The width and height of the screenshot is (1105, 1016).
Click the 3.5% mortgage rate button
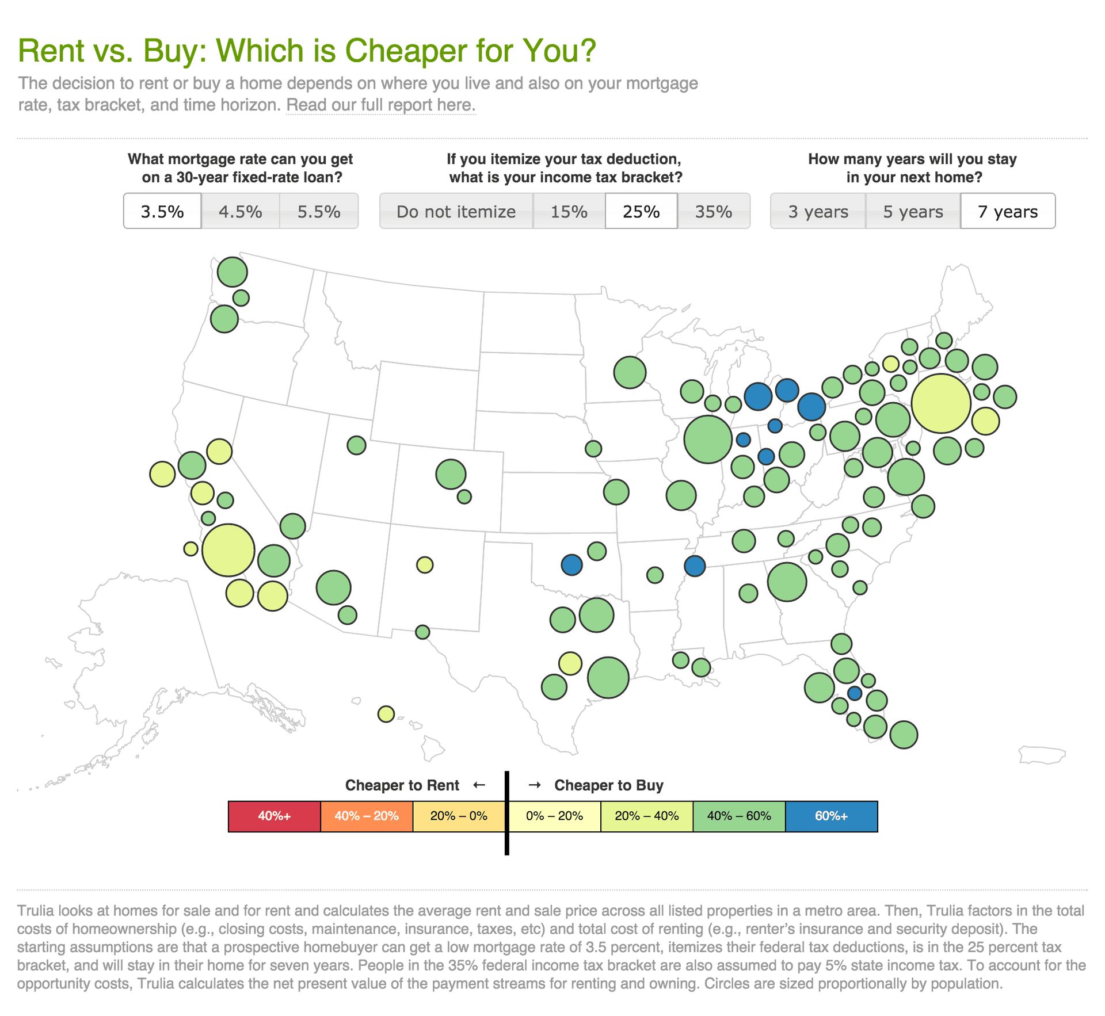[x=162, y=211]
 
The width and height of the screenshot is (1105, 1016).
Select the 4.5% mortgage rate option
[x=241, y=211]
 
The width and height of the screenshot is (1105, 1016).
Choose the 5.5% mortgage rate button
[x=319, y=211]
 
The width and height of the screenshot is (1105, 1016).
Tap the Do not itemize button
[x=456, y=211]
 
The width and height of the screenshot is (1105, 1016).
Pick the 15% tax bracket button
[x=569, y=211]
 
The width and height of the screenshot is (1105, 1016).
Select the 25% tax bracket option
[x=641, y=211]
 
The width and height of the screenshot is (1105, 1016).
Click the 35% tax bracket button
[x=714, y=211]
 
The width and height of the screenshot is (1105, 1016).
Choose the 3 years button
[x=818, y=211]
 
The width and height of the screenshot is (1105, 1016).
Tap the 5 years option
[x=913, y=211]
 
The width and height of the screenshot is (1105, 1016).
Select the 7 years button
[x=1008, y=211]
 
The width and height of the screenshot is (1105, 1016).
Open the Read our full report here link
[x=380, y=105]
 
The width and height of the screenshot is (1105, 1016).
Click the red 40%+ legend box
[x=274, y=816]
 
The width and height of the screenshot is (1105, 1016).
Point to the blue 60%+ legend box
[x=831, y=816]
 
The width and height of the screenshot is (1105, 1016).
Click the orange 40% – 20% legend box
[x=367, y=816]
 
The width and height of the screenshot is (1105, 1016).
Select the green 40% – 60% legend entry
[x=739, y=816]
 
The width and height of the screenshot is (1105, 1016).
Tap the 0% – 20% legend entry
[x=554, y=816]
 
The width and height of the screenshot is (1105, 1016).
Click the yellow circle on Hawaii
[x=386, y=714]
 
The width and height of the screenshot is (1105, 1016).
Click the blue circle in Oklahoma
[x=571, y=564]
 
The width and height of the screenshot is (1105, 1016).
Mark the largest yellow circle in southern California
[x=228, y=550]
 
